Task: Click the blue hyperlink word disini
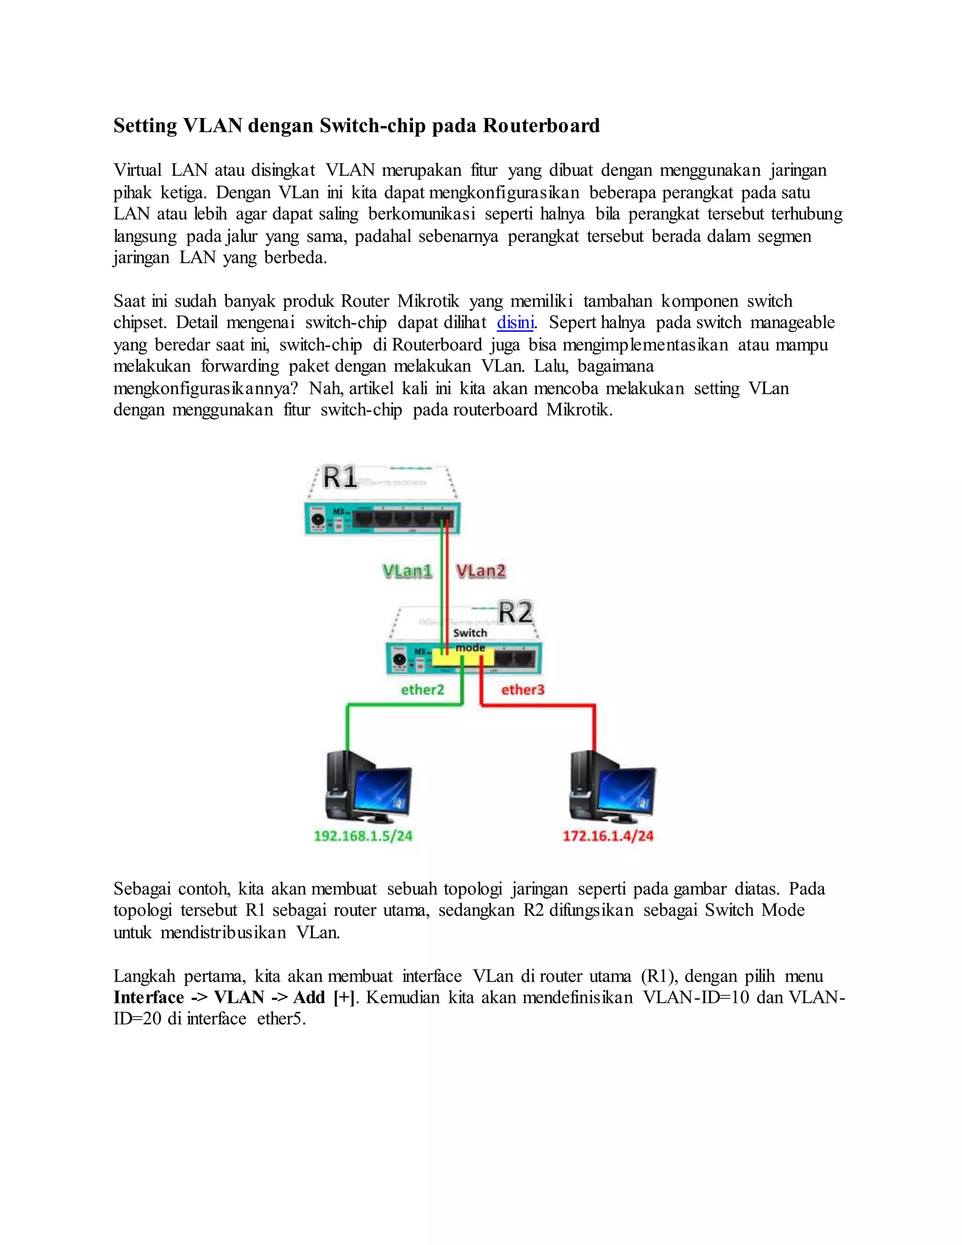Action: [x=515, y=323]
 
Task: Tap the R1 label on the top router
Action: [x=340, y=478]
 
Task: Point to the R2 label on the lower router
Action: [x=515, y=612]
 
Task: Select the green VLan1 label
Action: [x=407, y=571]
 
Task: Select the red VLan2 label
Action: [x=481, y=571]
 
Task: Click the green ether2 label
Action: [x=422, y=690]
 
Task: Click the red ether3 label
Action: [x=523, y=690]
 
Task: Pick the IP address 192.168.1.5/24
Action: [x=363, y=836]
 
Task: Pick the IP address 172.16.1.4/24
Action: [x=608, y=836]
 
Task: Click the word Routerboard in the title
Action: [x=542, y=125]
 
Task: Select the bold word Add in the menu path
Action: [x=309, y=997]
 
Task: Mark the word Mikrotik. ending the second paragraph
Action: [x=579, y=410]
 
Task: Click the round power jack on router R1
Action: [x=316, y=520]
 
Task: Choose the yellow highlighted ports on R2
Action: [x=463, y=658]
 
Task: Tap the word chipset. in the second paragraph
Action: [x=140, y=323]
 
